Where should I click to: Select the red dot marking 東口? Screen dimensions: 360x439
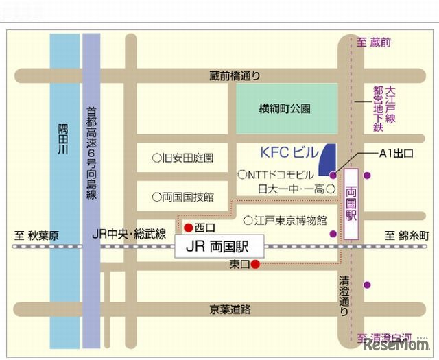[x=254, y=264]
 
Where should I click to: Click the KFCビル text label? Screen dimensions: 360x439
[x=289, y=153]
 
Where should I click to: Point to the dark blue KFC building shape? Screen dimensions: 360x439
[x=329, y=157]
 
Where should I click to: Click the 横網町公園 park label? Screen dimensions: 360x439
[x=285, y=108]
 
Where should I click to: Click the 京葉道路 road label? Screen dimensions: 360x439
[x=230, y=310]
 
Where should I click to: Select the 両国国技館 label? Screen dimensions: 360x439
[x=183, y=197]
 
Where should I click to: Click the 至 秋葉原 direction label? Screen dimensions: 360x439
[x=37, y=236]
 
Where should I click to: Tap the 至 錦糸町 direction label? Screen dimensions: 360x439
[x=407, y=236]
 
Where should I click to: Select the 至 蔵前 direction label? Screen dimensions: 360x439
[x=374, y=43]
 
